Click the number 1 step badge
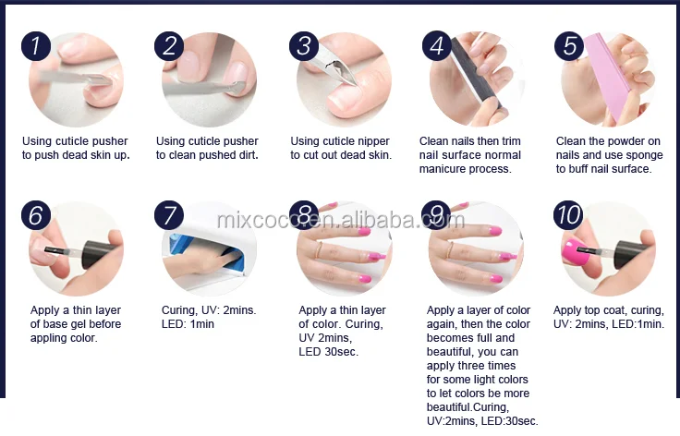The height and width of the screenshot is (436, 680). coord(36,46)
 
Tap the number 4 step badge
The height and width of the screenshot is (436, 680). coord(437,45)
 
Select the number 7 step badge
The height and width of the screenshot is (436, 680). coord(169,215)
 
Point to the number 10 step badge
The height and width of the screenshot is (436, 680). coord(568,215)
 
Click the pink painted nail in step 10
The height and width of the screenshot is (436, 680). coord(576,252)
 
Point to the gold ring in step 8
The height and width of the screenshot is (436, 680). coord(320,250)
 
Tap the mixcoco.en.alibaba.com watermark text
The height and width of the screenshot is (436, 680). coord(340,220)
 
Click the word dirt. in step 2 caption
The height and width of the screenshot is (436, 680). coord(247,154)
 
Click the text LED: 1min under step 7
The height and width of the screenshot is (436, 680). coord(188,323)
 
